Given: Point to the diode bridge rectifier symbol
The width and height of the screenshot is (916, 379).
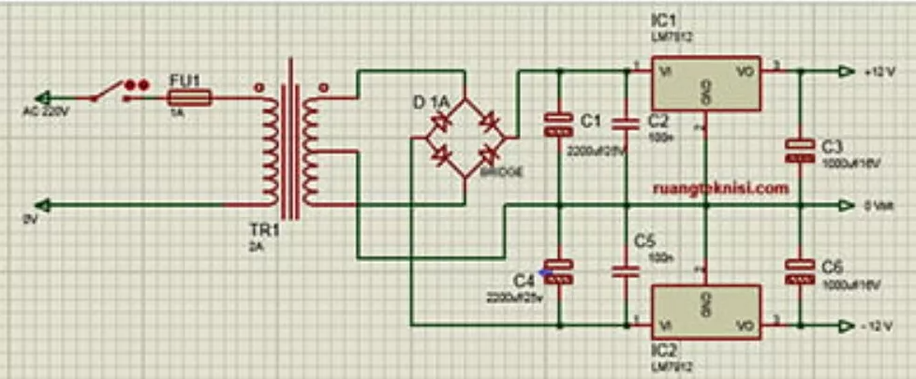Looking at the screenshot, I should pyautogui.click(x=465, y=138).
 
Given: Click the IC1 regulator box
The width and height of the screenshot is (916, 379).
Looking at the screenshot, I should pyautogui.click(x=707, y=87).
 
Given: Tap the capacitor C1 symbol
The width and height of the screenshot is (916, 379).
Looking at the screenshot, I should pyautogui.click(x=558, y=125).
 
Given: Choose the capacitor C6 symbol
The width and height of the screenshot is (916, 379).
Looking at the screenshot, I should pyautogui.click(x=799, y=272).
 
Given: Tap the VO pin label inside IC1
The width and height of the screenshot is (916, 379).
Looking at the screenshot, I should pyautogui.click(x=746, y=70).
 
